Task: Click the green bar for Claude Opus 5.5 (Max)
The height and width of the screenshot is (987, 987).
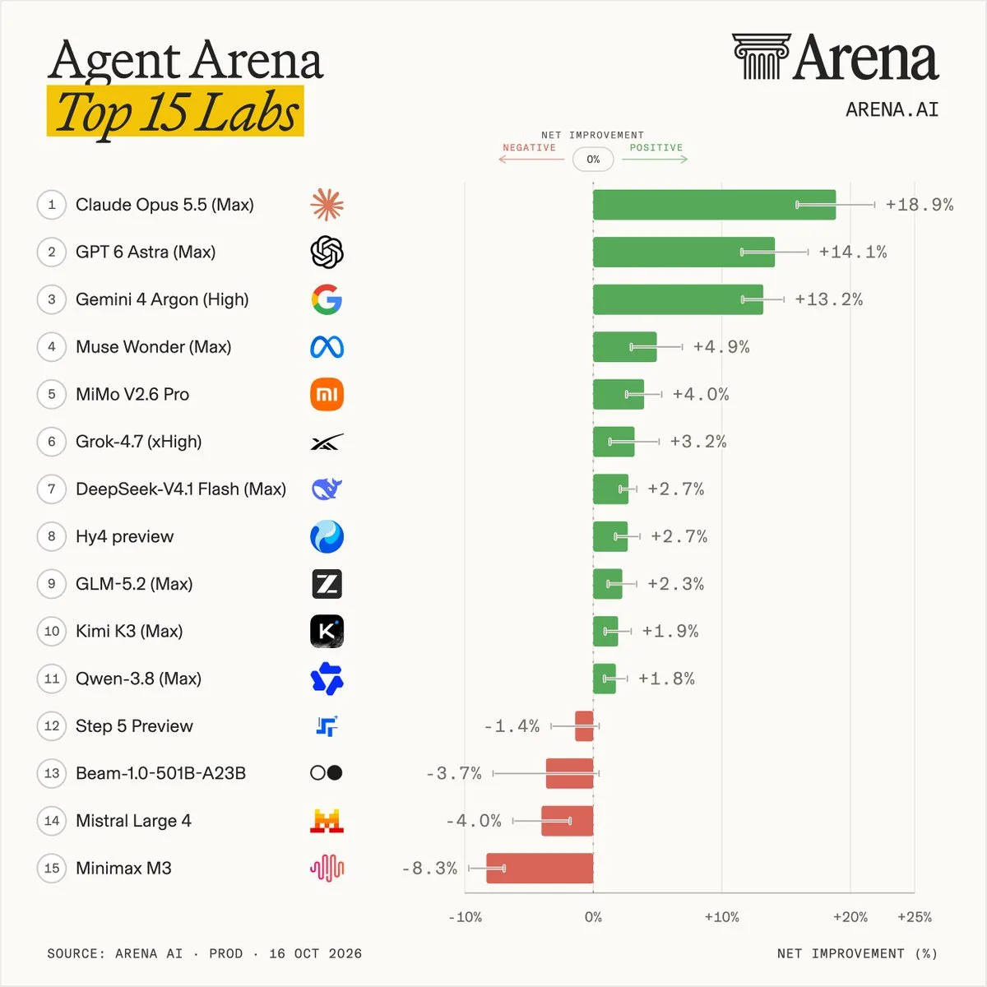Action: [x=714, y=205]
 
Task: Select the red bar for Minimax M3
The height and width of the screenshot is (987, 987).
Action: [x=540, y=869]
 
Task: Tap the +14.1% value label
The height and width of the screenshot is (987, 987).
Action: [x=853, y=252]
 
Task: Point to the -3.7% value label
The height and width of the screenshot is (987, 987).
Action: [x=454, y=773]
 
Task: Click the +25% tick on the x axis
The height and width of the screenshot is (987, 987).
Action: [x=915, y=917]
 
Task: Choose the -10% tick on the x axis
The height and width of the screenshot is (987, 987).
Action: [x=465, y=917]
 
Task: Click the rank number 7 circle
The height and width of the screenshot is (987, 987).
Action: [x=51, y=489]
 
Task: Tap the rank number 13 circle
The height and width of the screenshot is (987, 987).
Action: [x=51, y=773]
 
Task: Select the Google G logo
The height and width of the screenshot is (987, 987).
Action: [x=327, y=299]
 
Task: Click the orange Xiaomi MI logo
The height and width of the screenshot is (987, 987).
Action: [x=327, y=395]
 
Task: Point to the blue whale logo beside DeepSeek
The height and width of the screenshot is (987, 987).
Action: [x=327, y=489]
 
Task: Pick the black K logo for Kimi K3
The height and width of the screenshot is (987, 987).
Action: [x=327, y=631]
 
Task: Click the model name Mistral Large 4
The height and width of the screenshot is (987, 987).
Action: [x=133, y=821]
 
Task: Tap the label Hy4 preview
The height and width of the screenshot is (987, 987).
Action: [x=124, y=537]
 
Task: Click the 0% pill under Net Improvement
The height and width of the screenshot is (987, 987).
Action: [x=593, y=160]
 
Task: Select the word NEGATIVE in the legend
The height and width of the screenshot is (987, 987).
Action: [x=529, y=147]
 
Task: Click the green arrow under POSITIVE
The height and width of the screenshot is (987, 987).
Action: [x=655, y=160]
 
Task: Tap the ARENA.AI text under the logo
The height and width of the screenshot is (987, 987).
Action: [x=892, y=109]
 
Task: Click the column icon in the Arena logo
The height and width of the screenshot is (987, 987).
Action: [x=761, y=57]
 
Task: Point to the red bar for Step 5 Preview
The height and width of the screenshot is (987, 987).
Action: [x=584, y=725]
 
